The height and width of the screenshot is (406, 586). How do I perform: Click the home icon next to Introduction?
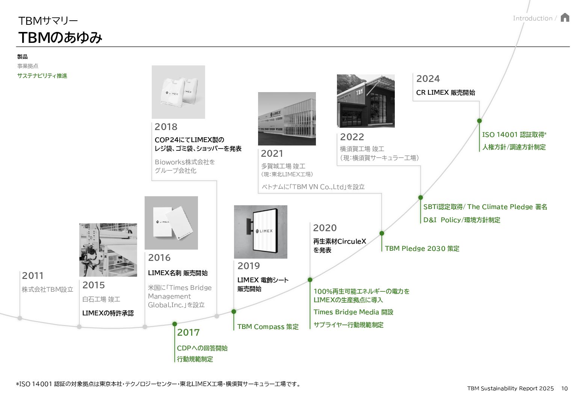(x=565, y=18)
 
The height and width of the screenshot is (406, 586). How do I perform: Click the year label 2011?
(x=33, y=276)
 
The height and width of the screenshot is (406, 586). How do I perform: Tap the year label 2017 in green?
(x=188, y=332)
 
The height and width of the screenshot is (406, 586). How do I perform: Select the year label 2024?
(x=428, y=79)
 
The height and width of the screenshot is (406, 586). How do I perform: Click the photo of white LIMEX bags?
(x=178, y=92)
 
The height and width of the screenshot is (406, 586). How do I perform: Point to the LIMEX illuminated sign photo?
(x=260, y=232)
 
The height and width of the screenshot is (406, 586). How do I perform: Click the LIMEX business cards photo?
(x=171, y=223)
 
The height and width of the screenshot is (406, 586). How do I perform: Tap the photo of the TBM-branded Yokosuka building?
(x=365, y=101)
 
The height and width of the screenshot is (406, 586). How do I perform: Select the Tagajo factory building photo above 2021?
(x=287, y=118)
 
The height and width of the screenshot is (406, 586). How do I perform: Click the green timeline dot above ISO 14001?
(x=479, y=121)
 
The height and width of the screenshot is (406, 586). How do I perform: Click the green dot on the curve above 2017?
(x=175, y=324)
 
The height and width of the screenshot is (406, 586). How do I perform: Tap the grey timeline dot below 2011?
(x=20, y=318)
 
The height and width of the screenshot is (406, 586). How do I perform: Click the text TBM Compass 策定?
(x=268, y=327)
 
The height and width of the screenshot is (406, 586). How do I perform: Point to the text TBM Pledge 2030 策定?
(x=422, y=248)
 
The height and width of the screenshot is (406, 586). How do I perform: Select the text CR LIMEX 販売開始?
(x=446, y=92)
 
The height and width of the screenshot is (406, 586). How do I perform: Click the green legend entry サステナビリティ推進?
(x=42, y=76)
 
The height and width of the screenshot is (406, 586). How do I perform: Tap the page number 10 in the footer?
(x=565, y=388)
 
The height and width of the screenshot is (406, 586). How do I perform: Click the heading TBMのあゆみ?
(x=60, y=38)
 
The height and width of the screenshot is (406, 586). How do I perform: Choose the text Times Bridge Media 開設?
(x=353, y=312)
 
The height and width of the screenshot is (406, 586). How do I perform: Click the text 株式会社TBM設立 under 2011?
(x=47, y=289)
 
